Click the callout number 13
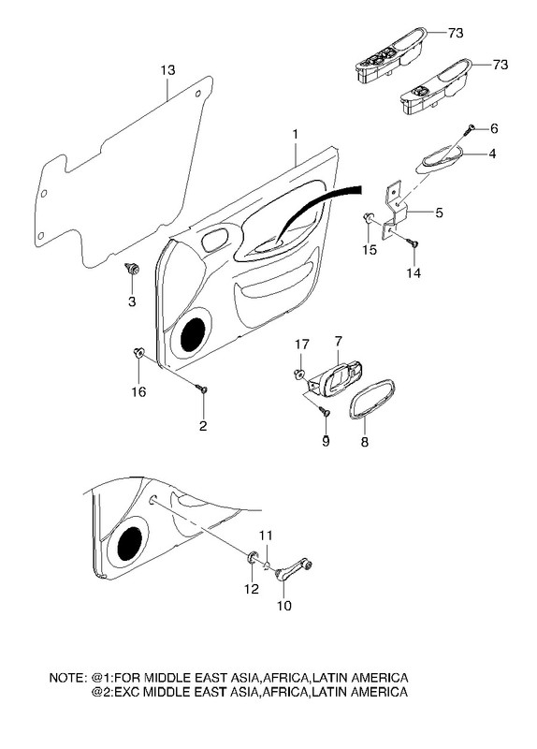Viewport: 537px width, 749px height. coord(167,70)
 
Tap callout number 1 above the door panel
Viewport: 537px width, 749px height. coord(296,134)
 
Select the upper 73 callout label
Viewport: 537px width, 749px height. coord(456,33)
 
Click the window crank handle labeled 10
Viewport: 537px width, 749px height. coord(293,569)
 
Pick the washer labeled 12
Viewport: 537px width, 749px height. coord(252,557)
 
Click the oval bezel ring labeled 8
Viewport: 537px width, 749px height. coord(372,399)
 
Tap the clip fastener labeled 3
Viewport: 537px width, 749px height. coord(132,269)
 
